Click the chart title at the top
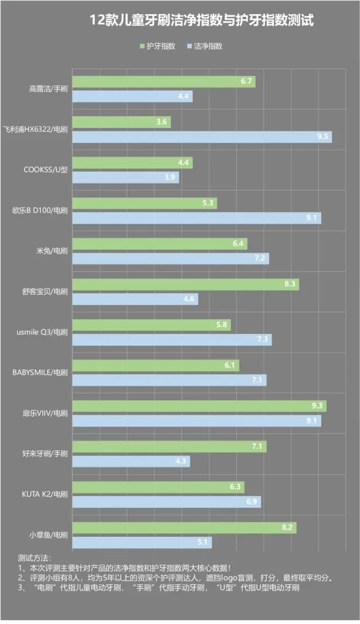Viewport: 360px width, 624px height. point(202,21)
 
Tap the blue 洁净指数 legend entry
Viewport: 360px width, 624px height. point(205,46)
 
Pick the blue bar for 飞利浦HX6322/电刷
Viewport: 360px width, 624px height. point(202,137)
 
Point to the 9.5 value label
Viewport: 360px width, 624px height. point(322,137)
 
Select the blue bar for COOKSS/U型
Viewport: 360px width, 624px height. point(125,177)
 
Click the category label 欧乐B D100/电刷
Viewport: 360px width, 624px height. point(40,211)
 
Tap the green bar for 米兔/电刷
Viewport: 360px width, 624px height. point(159,244)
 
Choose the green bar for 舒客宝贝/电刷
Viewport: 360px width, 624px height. point(185,284)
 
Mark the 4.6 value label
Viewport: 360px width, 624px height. point(189,299)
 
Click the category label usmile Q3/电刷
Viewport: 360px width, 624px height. point(40,332)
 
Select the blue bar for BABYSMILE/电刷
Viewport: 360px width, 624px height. point(169,380)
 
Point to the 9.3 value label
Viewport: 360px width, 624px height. point(317,406)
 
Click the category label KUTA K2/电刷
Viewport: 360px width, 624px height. point(42,494)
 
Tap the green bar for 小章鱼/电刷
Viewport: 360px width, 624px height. point(184,528)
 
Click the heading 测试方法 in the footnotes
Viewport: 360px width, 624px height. point(34,559)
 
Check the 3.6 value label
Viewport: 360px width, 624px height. point(161,122)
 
